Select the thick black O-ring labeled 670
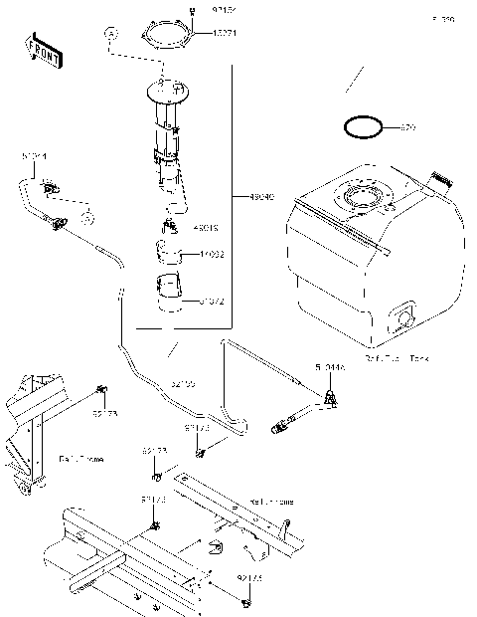click(363, 127)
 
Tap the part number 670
click(407, 128)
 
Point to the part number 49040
click(249, 196)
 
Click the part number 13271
click(223, 33)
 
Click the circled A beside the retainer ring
click(110, 34)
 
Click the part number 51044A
click(331, 367)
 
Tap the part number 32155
click(183, 382)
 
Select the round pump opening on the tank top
click(364, 194)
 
